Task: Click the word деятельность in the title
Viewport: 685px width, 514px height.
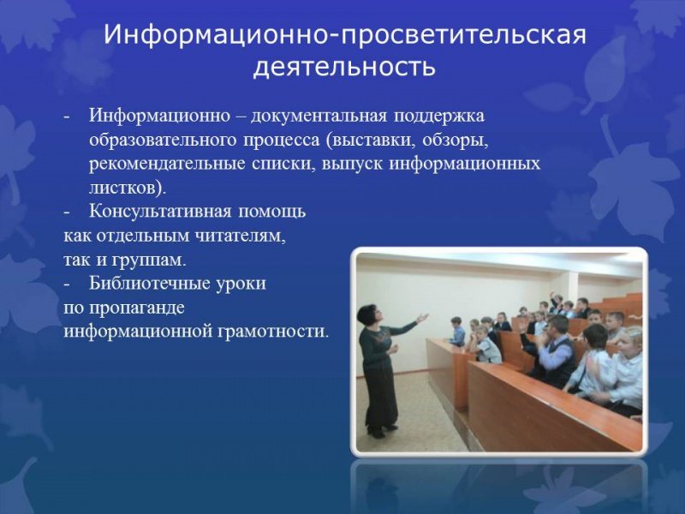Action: [x=344, y=66]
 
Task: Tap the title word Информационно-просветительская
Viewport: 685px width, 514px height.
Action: [x=344, y=36]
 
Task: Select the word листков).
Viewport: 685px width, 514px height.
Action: [x=128, y=187]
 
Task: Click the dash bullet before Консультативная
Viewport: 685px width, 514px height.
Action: [x=68, y=211]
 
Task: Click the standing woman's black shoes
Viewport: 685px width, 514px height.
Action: [x=382, y=430]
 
